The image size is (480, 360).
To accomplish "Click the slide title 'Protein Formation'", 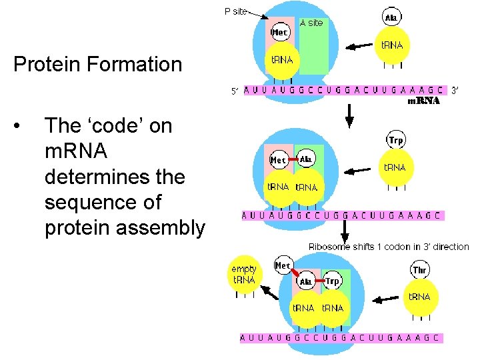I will pos(97,65).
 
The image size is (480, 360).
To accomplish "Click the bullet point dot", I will pos(23,126).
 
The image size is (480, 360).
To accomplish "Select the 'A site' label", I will pos(311,23).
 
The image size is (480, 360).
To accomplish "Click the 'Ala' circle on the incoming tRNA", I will pos(391,16).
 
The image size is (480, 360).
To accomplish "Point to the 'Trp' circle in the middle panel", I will pos(396,141).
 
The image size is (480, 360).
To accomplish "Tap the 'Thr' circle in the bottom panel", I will pos(420,269).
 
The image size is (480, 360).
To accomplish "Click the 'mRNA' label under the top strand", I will pos(423,101).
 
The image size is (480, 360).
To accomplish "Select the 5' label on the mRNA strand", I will pos(235,91).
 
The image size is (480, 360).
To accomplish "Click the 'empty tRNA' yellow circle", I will pos(243,274).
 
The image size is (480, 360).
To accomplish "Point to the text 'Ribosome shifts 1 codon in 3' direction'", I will pos(389,247).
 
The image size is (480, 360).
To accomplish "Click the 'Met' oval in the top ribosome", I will pos(279,32).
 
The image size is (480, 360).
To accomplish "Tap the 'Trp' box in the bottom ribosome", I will pos(333,281).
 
